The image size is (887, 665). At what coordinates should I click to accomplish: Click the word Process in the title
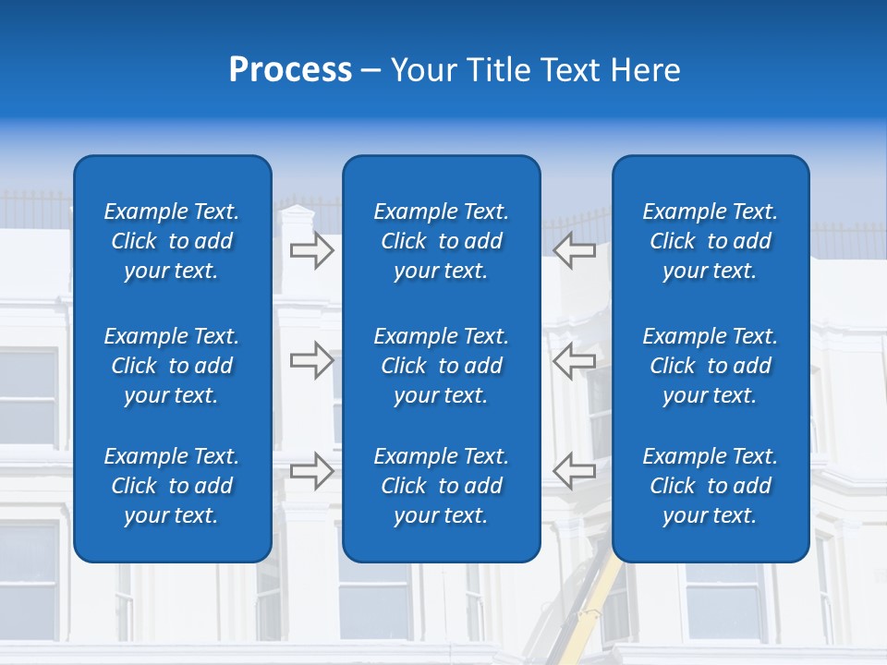click(x=290, y=70)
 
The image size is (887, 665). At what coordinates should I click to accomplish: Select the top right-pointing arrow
click(x=311, y=249)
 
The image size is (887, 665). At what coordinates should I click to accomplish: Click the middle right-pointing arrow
click(x=311, y=360)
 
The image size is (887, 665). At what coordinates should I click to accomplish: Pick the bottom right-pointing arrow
click(x=311, y=471)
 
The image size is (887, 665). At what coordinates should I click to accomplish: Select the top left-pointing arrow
click(x=575, y=249)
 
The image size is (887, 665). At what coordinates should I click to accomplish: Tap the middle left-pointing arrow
click(x=575, y=360)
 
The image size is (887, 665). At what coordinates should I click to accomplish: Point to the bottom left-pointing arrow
click(x=575, y=471)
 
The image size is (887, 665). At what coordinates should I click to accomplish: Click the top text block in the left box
click(x=172, y=241)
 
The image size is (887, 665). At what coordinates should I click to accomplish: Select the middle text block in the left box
click(x=172, y=366)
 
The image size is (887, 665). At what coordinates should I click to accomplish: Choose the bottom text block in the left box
click(x=172, y=486)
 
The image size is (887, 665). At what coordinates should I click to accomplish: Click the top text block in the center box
click(x=442, y=241)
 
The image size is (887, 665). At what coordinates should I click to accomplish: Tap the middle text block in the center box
click(x=442, y=366)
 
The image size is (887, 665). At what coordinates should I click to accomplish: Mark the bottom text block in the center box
click(x=442, y=486)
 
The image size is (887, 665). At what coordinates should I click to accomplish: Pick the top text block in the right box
click(x=711, y=241)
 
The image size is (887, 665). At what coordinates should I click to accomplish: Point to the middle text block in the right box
click(x=711, y=366)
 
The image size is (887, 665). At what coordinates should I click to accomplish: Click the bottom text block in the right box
click(x=711, y=486)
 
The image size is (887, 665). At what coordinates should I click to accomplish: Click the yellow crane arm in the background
click(x=597, y=600)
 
